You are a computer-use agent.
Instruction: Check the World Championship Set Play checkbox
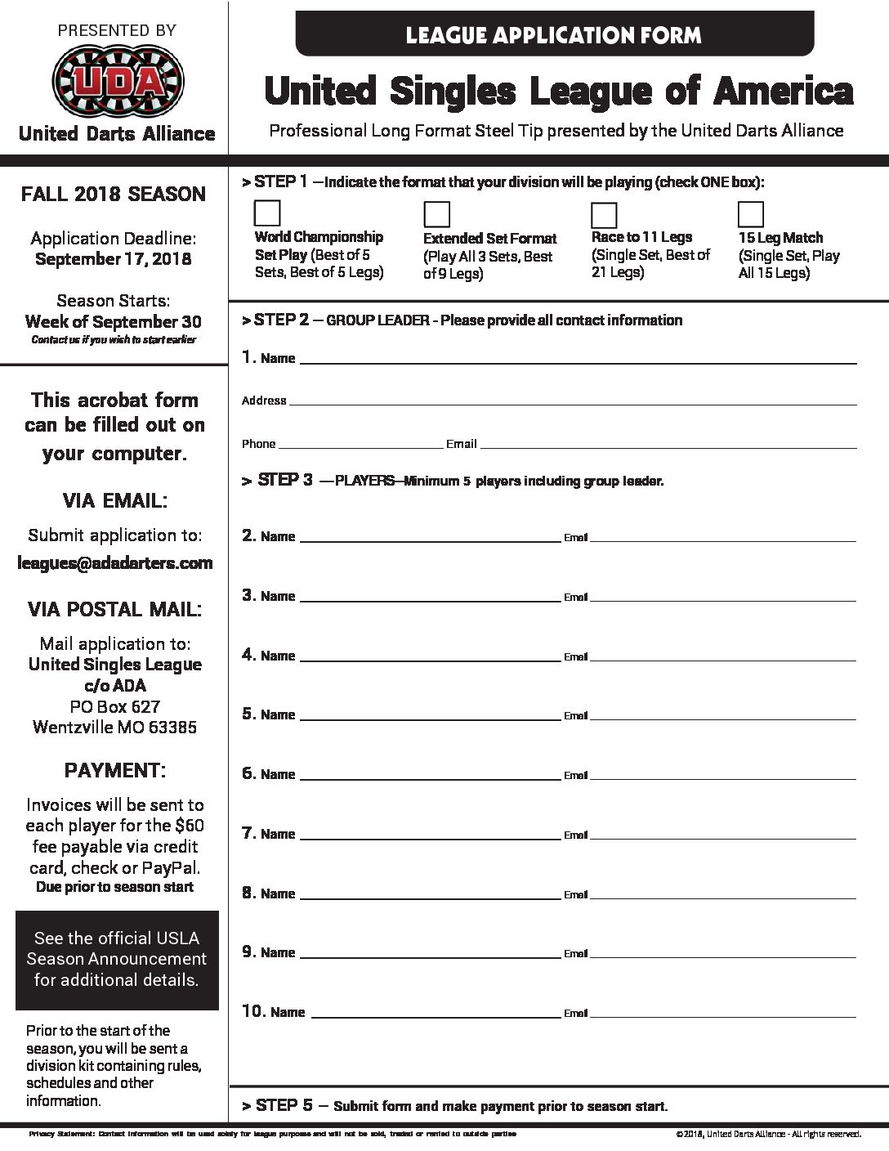pyautogui.click(x=267, y=213)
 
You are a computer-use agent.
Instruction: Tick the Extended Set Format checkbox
pyautogui.click(x=437, y=214)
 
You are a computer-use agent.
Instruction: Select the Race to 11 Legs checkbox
pyautogui.click(x=604, y=215)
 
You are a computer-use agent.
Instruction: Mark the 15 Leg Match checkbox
pyautogui.click(x=751, y=214)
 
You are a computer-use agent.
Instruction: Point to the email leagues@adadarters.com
pyautogui.click(x=114, y=562)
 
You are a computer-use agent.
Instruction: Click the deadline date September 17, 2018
pyautogui.click(x=114, y=259)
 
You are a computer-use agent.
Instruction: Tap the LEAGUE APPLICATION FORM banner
pyautogui.click(x=553, y=35)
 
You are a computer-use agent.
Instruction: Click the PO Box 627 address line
pyautogui.click(x=114, y=706)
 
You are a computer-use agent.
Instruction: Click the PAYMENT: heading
pyautogui.click(x=114, y=770)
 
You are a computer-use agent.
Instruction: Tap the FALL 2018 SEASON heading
pyautogui.click(x=114, y=195)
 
